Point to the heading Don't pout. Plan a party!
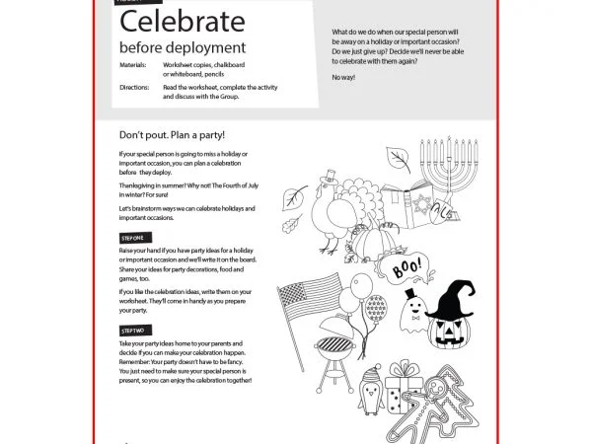coord(173,134)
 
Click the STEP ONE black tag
coord(133,239)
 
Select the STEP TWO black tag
coord(133,329)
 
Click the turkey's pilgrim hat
coord(331,179)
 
